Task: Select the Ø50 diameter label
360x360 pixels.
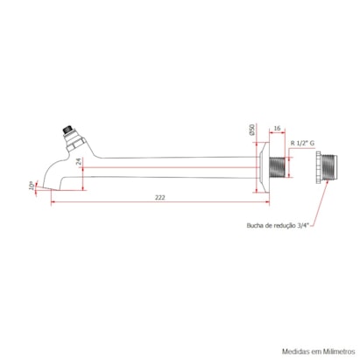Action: pos(251,131)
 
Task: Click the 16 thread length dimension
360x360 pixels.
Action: pos(276,129)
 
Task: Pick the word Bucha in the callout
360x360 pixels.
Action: pos(258,225)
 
